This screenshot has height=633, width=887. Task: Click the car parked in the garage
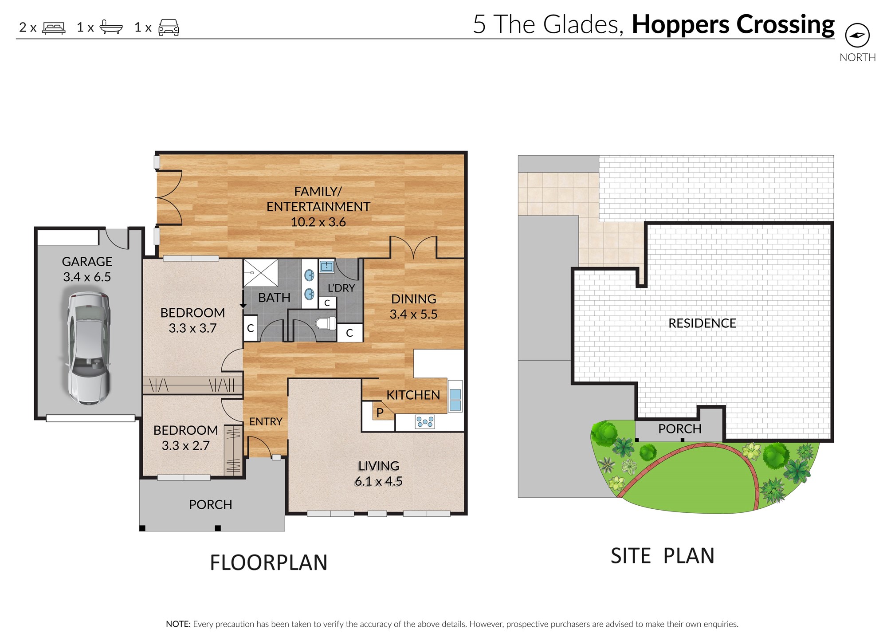coord(89,348)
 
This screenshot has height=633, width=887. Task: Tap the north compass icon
coord(857,35)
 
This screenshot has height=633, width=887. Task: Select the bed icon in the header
coord(54,28)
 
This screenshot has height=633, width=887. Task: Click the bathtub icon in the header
coord(111,27)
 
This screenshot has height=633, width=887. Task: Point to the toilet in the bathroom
coord(326,323)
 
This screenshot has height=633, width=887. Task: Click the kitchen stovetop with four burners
coord(425,421)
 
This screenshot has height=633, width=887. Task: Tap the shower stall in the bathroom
coord(261,273)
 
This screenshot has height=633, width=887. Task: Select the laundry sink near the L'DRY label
coord(327,266)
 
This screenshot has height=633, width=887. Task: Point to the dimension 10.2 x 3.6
coord(318,222)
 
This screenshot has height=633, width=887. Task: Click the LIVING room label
coord(379,466)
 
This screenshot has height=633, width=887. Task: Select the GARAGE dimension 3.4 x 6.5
coord(87,277)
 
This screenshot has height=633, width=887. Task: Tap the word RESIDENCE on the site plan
coord(702,323)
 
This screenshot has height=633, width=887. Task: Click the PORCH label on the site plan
coord(679,429)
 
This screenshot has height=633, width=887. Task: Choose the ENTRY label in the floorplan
coord(266,421)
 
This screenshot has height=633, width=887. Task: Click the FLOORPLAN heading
coord(268,562)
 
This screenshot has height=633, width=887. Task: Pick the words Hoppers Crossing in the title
coord(733,25)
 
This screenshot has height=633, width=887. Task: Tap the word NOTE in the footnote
coord(178,624)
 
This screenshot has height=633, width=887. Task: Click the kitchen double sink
coord(455,399)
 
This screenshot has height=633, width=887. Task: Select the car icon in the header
coord(169,28)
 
